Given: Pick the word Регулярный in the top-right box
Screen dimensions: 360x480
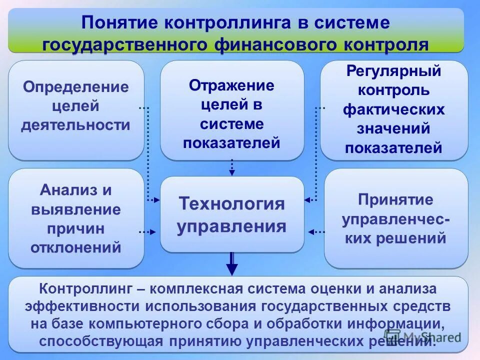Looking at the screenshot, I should pyautogui.click(x=393, y=71).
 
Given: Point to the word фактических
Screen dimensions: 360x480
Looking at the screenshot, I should pyautogui.click(x=393, y=109).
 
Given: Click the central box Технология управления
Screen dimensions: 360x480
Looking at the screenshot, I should pyautogui.click(x=231, y=215).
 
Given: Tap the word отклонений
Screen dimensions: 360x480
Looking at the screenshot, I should pyautogui.click(x=75, y=247).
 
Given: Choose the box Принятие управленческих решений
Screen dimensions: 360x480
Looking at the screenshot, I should pyautogui.click(x=395, y=219).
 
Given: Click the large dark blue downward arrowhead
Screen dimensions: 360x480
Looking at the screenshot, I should pyautogui.click(x=231, y=269).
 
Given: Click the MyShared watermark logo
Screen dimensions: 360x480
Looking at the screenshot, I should pyautogui.click(x=422, y=336).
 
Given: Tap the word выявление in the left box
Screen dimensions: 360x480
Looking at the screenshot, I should pyautogui.click(x=75, y=209).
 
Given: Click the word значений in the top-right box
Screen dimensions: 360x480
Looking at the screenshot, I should pyautogui.click(x=393, y=128).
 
